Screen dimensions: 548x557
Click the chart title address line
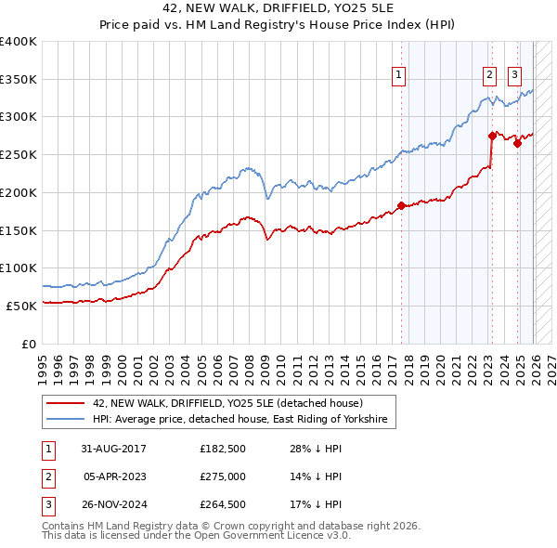point(278,10)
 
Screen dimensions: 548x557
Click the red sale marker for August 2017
point(401,205)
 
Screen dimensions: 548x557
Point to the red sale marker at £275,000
point(492,136)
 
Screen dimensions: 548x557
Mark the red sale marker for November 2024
point(517,143)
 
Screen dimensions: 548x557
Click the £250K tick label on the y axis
point(19,155)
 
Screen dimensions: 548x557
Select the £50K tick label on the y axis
point(21,306)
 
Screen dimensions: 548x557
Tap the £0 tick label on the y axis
point(28,344)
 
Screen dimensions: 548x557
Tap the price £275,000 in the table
point(223,476)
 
